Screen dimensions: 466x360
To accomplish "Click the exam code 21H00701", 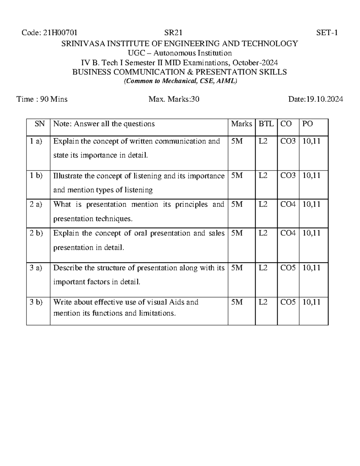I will point(60,33).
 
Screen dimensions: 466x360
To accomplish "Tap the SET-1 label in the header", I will point(327,33).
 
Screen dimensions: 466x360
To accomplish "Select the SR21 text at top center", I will point(173,33).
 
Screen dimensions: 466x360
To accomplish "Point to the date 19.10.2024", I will point(324,99).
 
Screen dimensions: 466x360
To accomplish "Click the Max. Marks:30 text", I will point(174,99).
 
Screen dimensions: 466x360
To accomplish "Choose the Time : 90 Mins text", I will point(42,99).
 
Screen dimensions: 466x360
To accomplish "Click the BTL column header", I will point(266,124).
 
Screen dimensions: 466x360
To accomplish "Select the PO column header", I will point(307,124).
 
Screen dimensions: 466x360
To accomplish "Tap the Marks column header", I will point(241,124).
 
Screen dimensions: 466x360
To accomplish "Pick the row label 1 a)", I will point(36,141).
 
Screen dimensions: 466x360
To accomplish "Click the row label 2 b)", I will point(36,233).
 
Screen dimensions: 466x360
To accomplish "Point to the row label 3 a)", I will point(36,268).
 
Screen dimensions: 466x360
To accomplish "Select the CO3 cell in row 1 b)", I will point(288,176).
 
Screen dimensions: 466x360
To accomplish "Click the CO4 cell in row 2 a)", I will point(288,205).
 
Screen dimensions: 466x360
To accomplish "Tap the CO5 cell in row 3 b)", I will point(288,302).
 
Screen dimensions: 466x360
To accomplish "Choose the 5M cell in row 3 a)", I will point(237,268).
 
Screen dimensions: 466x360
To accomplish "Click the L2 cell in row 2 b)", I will point(263,233).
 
